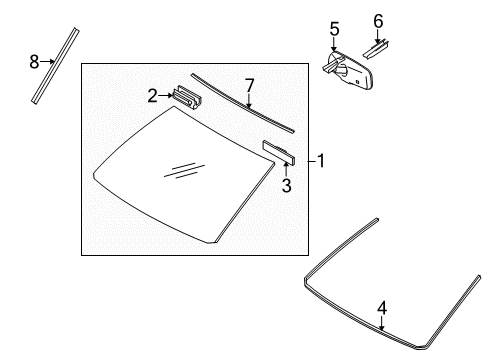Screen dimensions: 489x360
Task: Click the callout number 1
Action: [321, 161]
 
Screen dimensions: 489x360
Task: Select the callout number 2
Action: [152, 96]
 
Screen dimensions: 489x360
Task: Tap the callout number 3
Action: [286, 186]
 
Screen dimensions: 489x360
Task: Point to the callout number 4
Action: [382, 308]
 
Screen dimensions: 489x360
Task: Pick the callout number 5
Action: [334, 29]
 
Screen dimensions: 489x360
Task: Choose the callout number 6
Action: [378, 21]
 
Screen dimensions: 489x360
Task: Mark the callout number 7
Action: [249, 85]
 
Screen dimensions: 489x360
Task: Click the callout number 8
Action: [34, 62]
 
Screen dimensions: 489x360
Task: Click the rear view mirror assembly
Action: [348, 71]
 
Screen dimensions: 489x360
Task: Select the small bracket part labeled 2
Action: [188, 97]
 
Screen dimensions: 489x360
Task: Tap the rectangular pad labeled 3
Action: [279, 153]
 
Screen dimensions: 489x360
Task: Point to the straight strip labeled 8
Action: [55, 66]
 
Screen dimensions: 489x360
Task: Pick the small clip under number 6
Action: [376, 50]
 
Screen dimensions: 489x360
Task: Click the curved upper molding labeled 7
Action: [243, 103]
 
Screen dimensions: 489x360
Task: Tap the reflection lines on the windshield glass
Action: [184, 171]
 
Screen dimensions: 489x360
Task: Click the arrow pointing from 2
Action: [166, 96]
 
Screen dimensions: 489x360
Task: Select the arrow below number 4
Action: [382, 323]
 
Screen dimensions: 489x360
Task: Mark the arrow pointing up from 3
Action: [286, 170]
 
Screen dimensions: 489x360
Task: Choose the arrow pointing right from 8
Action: [47, 61]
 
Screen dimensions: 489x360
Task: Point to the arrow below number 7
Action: [249, 101]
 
